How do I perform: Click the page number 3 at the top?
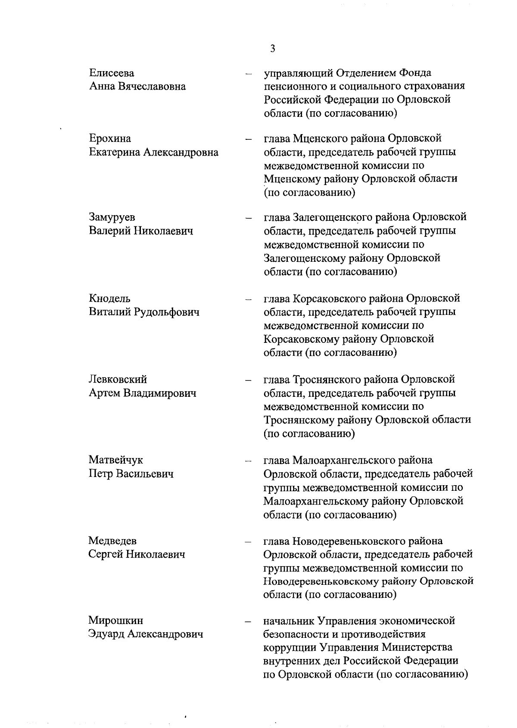[x=272, y=48]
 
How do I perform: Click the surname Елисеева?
[x=112, y=73]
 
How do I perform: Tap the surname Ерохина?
[x=110, y=138]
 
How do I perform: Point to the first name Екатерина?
[x=114, y=152]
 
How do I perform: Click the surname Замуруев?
[x=112, y=217]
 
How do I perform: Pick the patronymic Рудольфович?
[x=167, y=312]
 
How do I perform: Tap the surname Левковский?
[x=118, y=380]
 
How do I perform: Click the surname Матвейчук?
[x=116, y=460]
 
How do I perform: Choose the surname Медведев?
[x=112, y=541]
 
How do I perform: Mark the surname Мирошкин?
[x=116, y=621]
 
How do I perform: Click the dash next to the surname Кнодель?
[x=248, y=299]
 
